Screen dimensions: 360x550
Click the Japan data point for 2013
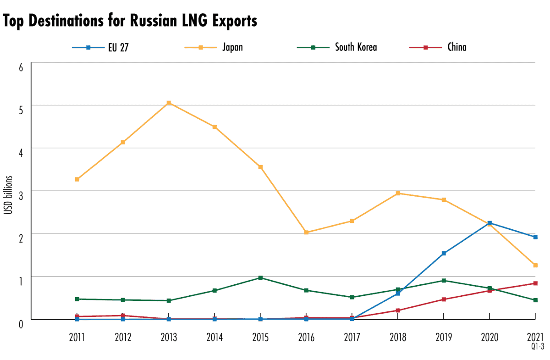[x=169, y=103]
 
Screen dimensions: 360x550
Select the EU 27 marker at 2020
[x=489, y=223]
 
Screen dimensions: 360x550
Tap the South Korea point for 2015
[x=260, y=277]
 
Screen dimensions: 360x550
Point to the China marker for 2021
[x=535, y=283]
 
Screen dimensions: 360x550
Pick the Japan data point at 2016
[x=306, y=233]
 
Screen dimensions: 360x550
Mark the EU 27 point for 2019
[x=444, y=253]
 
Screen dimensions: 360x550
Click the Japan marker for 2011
[x=77, y=179]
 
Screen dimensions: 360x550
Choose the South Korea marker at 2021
[x=535, y=300]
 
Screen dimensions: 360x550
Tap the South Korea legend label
[x=356, y=47]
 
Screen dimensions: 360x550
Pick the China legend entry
[x=457, y=47]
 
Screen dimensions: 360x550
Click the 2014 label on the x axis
[x=214, y=337]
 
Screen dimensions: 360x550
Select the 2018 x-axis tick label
[x=398, y=337]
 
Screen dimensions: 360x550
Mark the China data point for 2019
[x=444, y=299]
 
